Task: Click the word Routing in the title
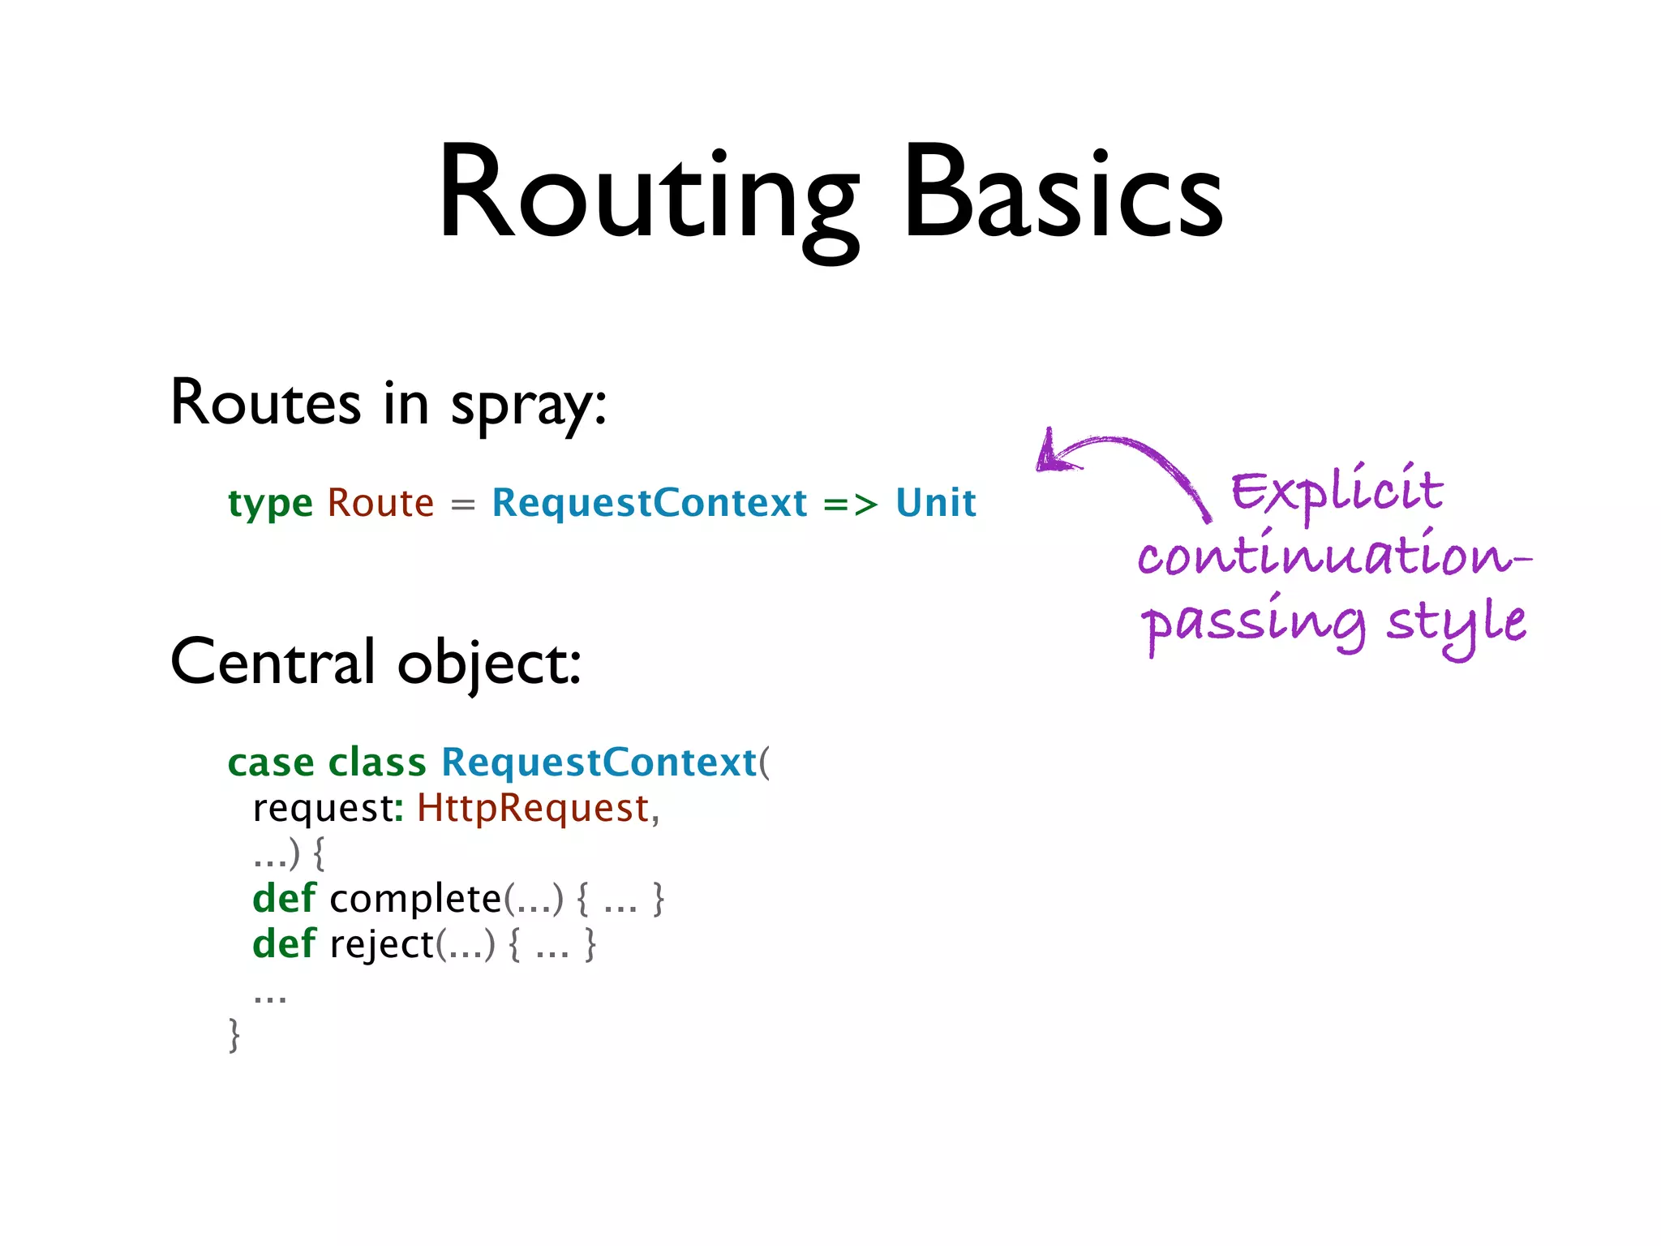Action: click(647, 195)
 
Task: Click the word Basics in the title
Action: click(1062, 195)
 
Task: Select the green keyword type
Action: click(270, 504)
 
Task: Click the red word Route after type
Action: click(380, 503)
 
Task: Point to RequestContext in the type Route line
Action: click(650, 503)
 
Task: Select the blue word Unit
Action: click(936, 503)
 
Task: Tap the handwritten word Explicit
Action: click(1337, 491)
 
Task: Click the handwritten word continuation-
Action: click(1332, 556)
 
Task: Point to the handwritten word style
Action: click(1456, 623)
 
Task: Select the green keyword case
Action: click(271, 763)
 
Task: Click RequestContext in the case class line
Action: click(599, 763)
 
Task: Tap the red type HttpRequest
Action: click(533, 808)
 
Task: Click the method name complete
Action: click(415, 899)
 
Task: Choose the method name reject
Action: click(381, 944)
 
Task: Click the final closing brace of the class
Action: click(234, 1035)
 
